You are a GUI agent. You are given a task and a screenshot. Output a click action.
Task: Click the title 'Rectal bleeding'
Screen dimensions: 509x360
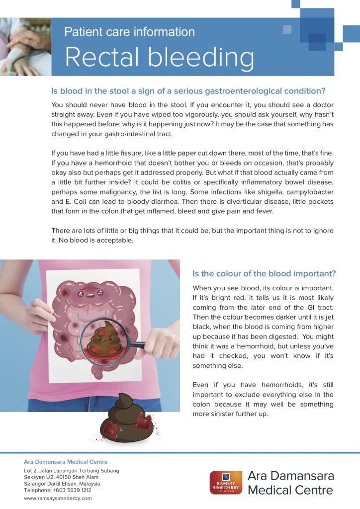tap(159, 58)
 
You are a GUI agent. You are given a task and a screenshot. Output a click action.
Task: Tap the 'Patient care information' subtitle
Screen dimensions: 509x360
tap(129, 32)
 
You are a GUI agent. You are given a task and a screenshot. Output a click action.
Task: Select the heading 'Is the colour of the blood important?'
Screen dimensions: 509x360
tap(264, 273)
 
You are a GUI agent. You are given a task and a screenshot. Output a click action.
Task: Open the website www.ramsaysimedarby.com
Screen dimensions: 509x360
tap(58, 498)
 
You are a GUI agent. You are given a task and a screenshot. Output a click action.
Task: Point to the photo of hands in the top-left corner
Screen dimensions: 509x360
tap(25, 47)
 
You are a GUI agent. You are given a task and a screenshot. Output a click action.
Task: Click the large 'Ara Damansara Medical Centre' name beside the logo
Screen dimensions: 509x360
tap(290, 483)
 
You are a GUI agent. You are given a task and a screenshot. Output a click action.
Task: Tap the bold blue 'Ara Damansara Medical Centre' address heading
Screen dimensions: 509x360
tap(66, 462)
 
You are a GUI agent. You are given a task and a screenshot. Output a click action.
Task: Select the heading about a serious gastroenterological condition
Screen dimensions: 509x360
tap(188, 91)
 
